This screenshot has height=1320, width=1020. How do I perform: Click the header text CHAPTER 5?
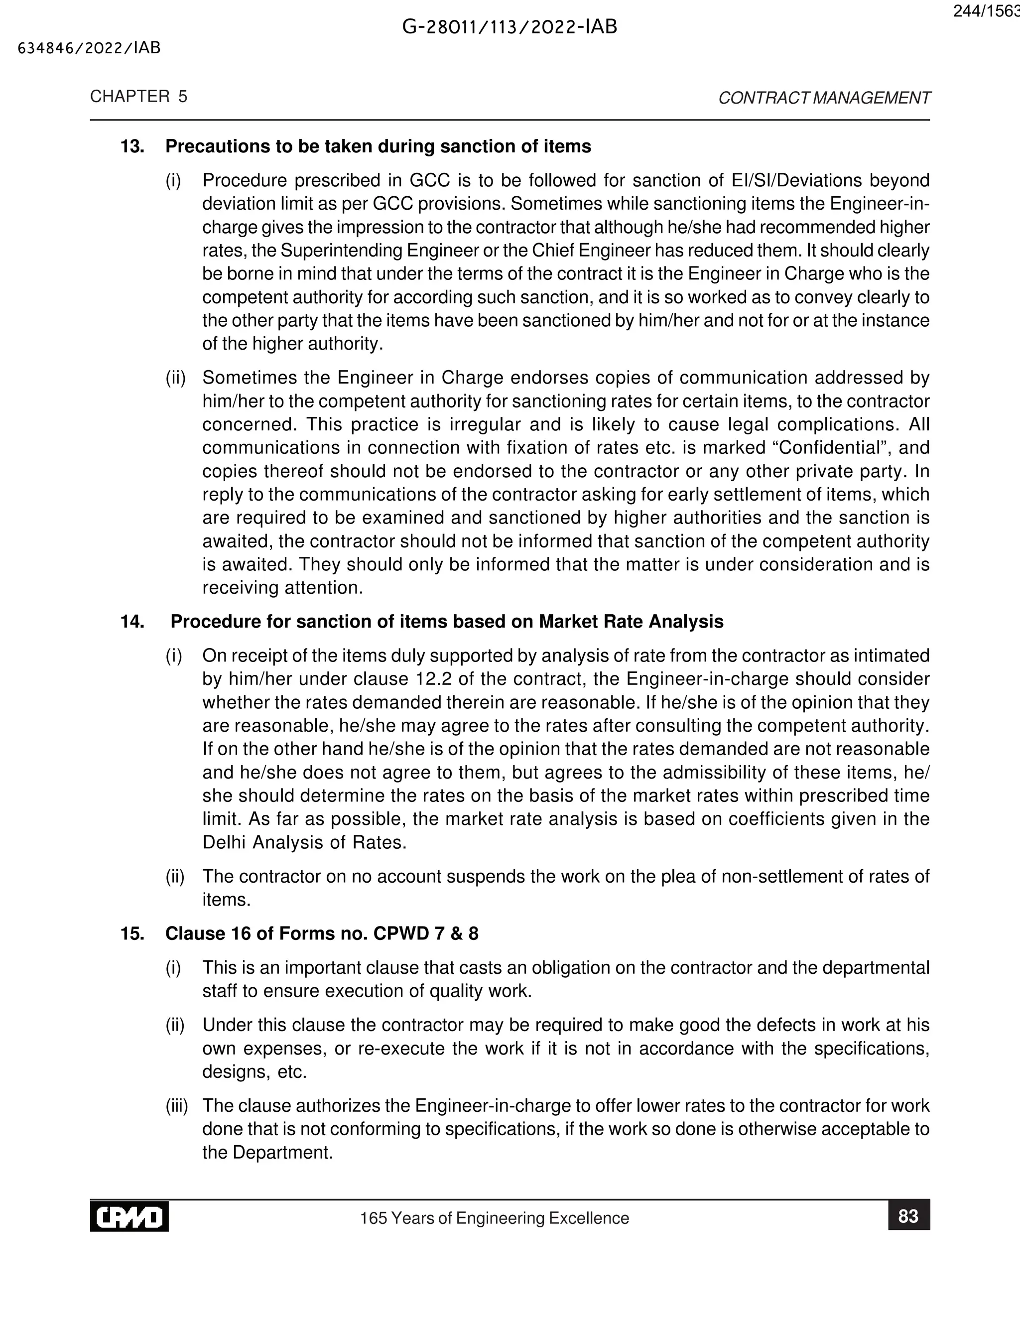click(x=138, y=97)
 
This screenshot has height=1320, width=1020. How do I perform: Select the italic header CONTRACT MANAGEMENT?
click(x=824, y=98)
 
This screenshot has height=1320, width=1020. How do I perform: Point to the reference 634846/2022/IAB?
click(x=90, y=48)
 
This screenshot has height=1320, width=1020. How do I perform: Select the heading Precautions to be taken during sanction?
click(x=379, y=147)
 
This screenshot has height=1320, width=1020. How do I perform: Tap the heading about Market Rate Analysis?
click(x=447, y=622)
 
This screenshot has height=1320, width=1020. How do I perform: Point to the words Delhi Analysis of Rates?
click(x=304, y=842)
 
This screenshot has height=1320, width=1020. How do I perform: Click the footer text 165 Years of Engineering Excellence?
click(x=494, y=1218)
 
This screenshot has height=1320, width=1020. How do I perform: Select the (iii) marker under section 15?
click(x=176, y=1106)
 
